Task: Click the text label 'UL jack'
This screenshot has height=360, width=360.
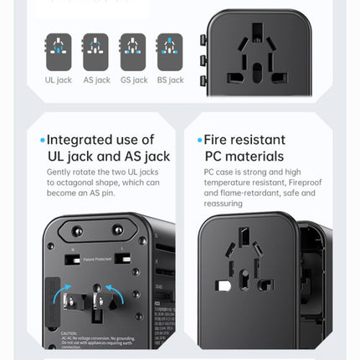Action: [x=58, y=80]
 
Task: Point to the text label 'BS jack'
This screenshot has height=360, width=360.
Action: [x=170, y=80]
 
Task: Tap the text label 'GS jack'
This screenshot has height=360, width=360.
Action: [x=133, y=80]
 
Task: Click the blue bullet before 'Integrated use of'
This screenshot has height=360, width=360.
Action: [x=43, y=141]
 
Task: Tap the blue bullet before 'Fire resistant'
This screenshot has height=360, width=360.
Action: [x=199, y=141]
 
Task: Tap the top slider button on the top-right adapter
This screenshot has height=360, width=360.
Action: [x=203, y=39]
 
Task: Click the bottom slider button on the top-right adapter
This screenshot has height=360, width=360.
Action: [x=203, y=80]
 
